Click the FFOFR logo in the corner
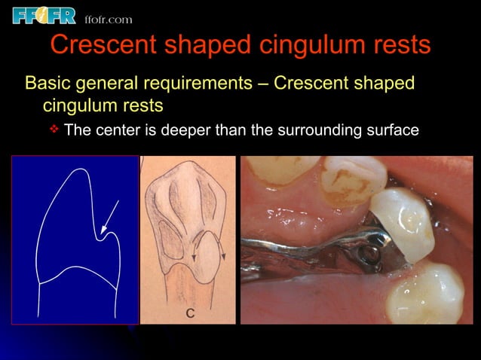44,14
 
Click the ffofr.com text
109,18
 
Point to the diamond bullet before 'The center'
54,130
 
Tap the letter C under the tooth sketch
191,313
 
